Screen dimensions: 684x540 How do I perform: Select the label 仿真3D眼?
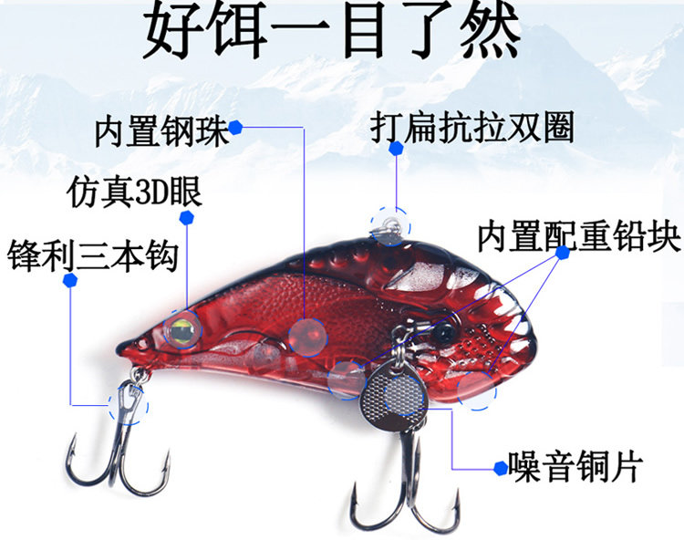[135, 193]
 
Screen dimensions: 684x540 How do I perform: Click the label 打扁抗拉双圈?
[472, 128]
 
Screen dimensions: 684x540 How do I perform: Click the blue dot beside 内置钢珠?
[235, 129]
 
